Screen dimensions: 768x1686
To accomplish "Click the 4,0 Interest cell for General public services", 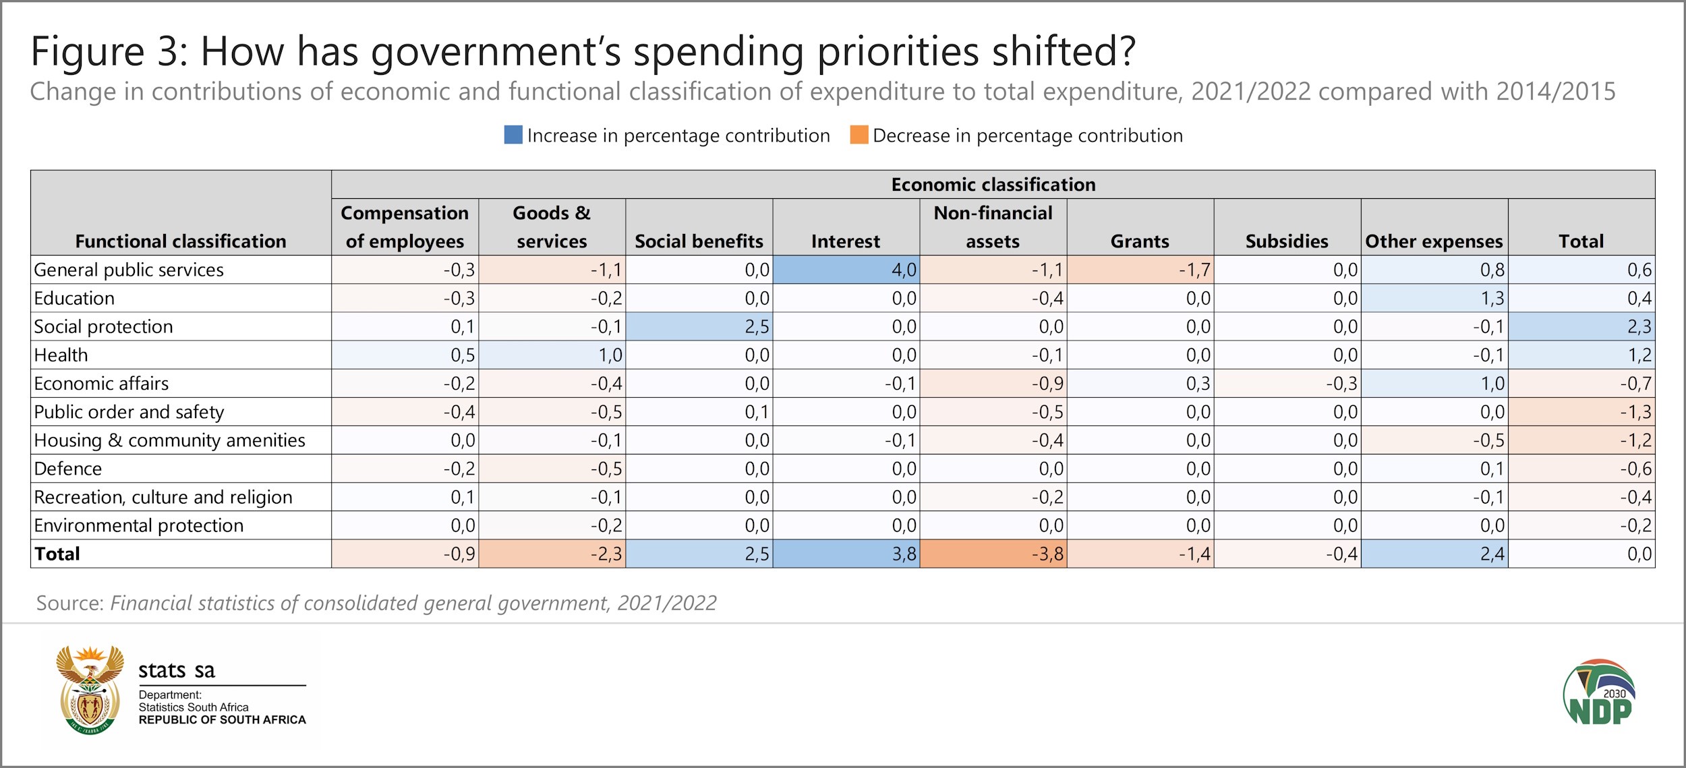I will click(846, 270).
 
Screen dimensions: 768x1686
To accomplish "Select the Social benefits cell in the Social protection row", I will click(699, 326).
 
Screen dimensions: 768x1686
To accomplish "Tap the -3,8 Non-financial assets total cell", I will click(993, 554).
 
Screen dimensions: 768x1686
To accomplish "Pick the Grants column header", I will click(1140, 241).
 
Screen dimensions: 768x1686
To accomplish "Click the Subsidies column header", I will click(1287, 241).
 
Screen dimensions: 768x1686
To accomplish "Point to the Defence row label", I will click(68, 469).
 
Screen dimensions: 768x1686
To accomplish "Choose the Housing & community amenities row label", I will click(170, 440).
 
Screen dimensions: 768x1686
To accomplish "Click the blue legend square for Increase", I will click(513, 135).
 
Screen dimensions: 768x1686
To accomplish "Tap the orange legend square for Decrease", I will click(859, 135).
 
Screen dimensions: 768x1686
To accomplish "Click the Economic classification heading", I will click(993, 184).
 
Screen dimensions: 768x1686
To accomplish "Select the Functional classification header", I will click(181, 241).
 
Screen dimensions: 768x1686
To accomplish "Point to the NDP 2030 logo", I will click(1599, 692).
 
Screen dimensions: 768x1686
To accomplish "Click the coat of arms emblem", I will click(90, 690).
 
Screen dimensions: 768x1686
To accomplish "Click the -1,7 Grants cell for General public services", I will click(1140, 270).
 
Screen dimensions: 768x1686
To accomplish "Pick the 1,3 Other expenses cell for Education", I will click(1434, 298).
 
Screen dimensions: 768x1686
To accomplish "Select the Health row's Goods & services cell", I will click(552, 355).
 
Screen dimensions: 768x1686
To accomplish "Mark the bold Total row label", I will click(57, 554).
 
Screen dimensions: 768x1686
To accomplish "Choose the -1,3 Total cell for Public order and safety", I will click(1581, 412).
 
